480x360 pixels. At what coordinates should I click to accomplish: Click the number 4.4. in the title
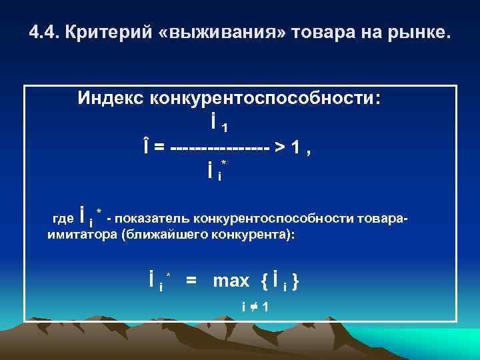45,33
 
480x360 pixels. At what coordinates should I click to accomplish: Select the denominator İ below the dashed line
211,171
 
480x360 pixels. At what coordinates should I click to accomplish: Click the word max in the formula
231,281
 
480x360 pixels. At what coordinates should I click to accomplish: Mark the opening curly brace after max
265,281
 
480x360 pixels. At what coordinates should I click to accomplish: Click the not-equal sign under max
254,306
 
